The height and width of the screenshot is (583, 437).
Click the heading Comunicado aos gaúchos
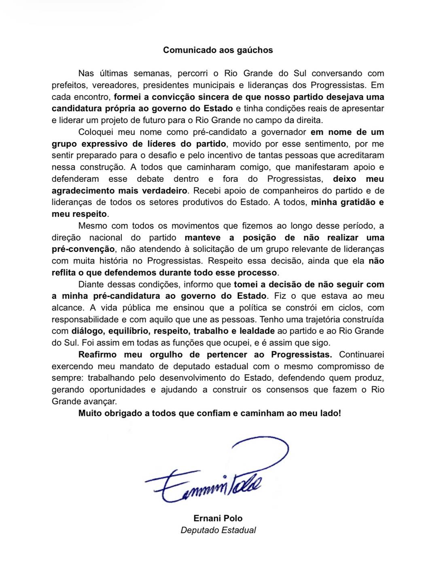[x=218, y=50]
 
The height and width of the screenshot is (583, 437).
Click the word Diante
[x=91, y=285]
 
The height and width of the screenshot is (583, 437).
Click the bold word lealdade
[x=257, y=331]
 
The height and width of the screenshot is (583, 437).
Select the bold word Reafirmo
[x=97, y=355]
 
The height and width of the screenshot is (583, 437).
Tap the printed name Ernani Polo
[x=218, y=518]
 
